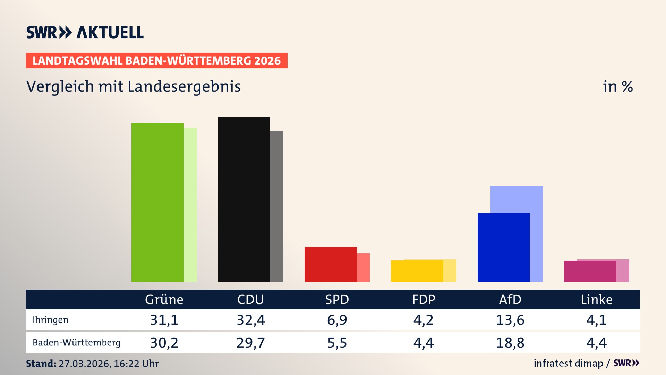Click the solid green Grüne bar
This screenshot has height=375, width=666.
(x=157, y=202)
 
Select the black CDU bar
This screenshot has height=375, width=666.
(x=244, y=199)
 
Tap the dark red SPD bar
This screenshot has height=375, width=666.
(x=330, y=264)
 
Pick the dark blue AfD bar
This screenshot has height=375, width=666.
(x=503, y=247)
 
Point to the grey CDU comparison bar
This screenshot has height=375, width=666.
(x=277, y=206)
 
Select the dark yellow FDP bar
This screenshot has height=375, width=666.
(x=417, y=271)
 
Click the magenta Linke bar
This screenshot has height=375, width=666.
(x=590, y=272)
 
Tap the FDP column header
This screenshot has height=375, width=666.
(x=424, y=299)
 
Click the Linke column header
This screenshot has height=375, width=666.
(x=597, y=299)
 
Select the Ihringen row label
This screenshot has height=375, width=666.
(x=50, y=320)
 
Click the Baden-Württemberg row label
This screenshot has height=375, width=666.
(x=76, y=343)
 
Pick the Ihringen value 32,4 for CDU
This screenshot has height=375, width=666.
(x=251, y=320)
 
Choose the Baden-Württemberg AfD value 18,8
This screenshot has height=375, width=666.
(x=510, y=343)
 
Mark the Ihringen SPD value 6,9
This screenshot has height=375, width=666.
(x=337, y=320)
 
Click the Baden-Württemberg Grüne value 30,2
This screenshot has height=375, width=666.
(x=164, y=343)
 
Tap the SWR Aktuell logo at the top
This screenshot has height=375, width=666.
(x=85, y=32)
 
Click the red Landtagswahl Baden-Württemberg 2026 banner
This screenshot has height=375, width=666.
(x=156, y=61)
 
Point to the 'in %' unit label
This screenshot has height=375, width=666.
(x=617, y=86)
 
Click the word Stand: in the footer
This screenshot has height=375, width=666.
(x=41, y=364)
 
